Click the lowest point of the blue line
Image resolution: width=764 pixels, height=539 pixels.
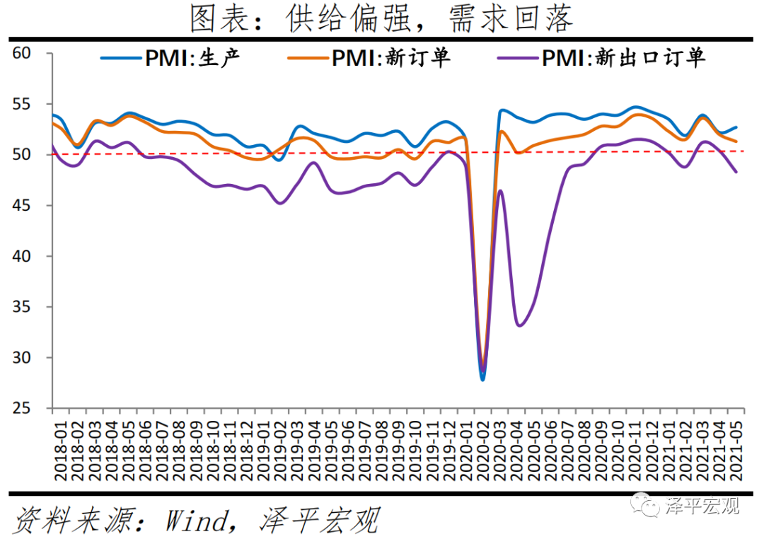click(x=483, y=380)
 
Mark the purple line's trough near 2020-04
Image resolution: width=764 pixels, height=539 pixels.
click(x=519, y=325)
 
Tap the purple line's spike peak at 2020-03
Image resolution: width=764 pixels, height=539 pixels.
click(x=500, y=190)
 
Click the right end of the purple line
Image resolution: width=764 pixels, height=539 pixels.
click(x=736, y=172)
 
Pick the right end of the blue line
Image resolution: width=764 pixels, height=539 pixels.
click(x=736, y=127)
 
